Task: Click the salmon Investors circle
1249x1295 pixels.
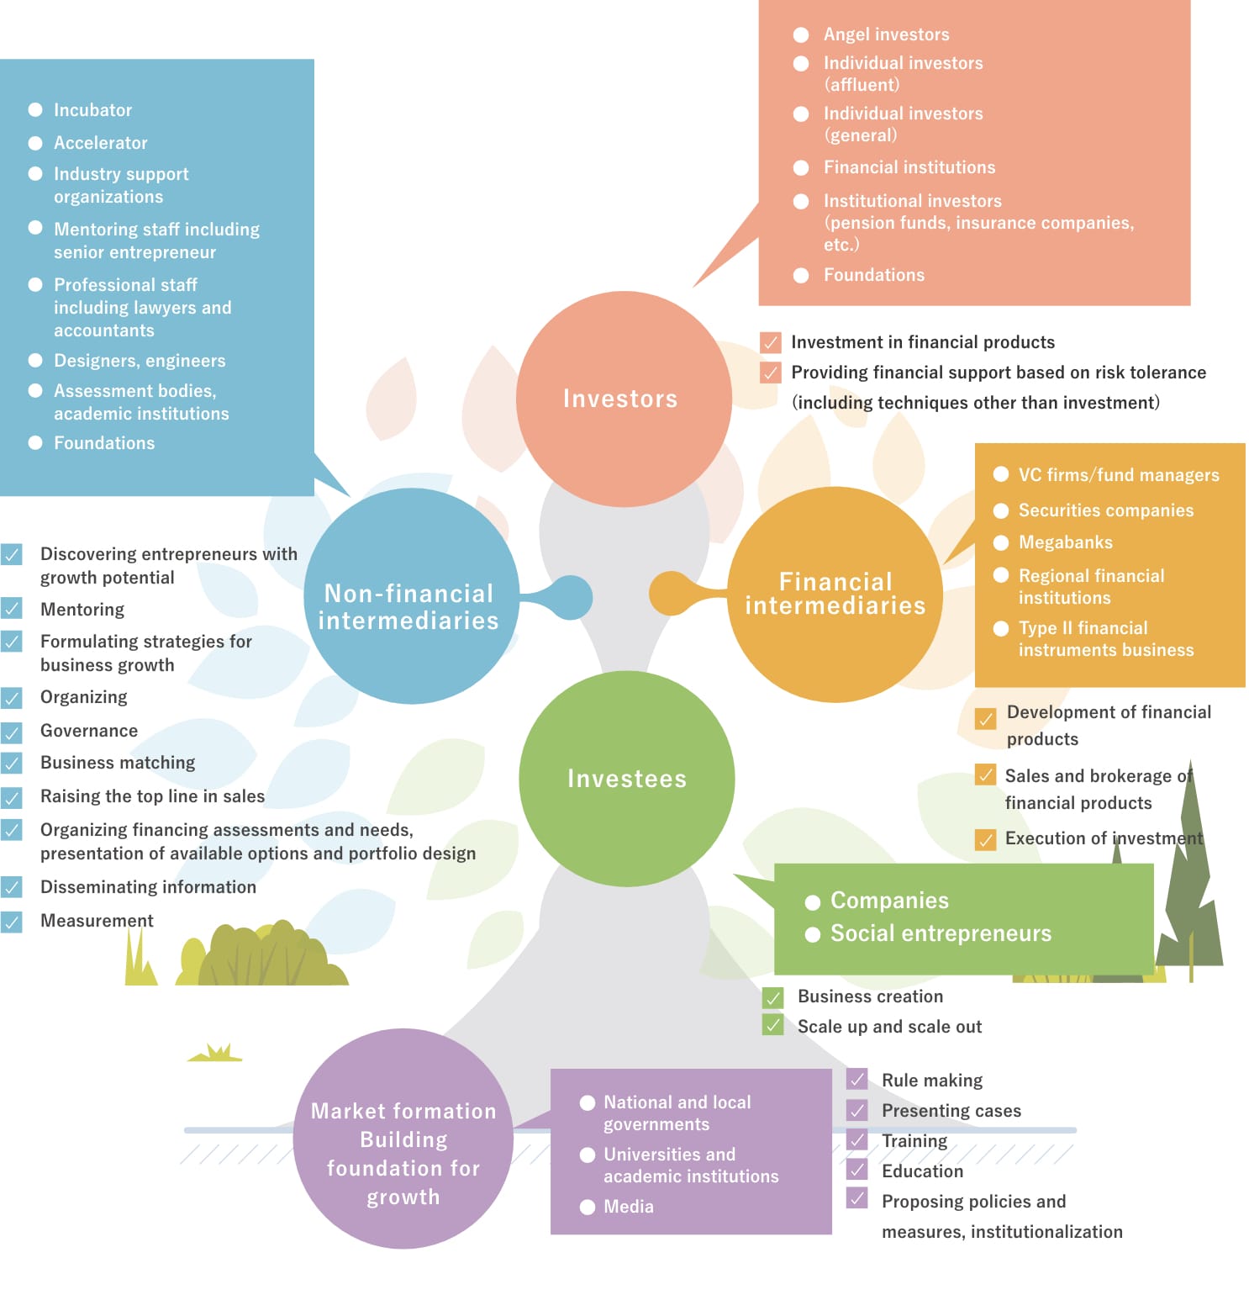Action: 623,399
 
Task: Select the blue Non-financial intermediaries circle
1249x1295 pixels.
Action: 411,596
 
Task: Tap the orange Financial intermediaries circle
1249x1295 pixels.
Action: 835,594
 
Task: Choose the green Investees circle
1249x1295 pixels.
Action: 626,778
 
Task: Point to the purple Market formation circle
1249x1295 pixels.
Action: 403,1139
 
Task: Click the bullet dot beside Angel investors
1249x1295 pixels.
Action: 801,34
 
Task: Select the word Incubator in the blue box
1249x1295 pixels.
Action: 92,110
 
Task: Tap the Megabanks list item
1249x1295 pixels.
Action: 1065,542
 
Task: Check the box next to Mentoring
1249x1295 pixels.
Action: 12,609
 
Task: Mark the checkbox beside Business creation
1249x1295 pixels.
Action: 772,997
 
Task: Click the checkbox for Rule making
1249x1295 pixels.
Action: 856,1079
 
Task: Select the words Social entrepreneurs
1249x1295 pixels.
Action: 941,933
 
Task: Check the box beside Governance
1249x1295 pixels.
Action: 12,732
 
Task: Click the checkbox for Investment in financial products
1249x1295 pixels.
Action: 770,342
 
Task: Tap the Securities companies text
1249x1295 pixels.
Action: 1105,510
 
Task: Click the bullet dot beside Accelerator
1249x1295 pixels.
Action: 35,143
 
